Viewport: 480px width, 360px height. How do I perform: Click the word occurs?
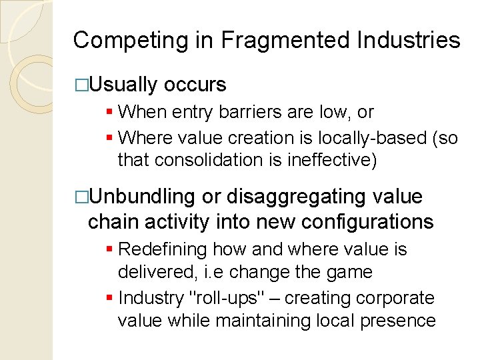click(x=195, y=85)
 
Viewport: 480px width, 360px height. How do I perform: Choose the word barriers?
click(x=251, y=112)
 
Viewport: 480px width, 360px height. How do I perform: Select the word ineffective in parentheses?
click(x=341, y=160)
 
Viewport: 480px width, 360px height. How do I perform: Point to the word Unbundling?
click(x=142, y=197)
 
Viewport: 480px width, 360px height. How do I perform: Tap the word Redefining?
click(x=163, y=249)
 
